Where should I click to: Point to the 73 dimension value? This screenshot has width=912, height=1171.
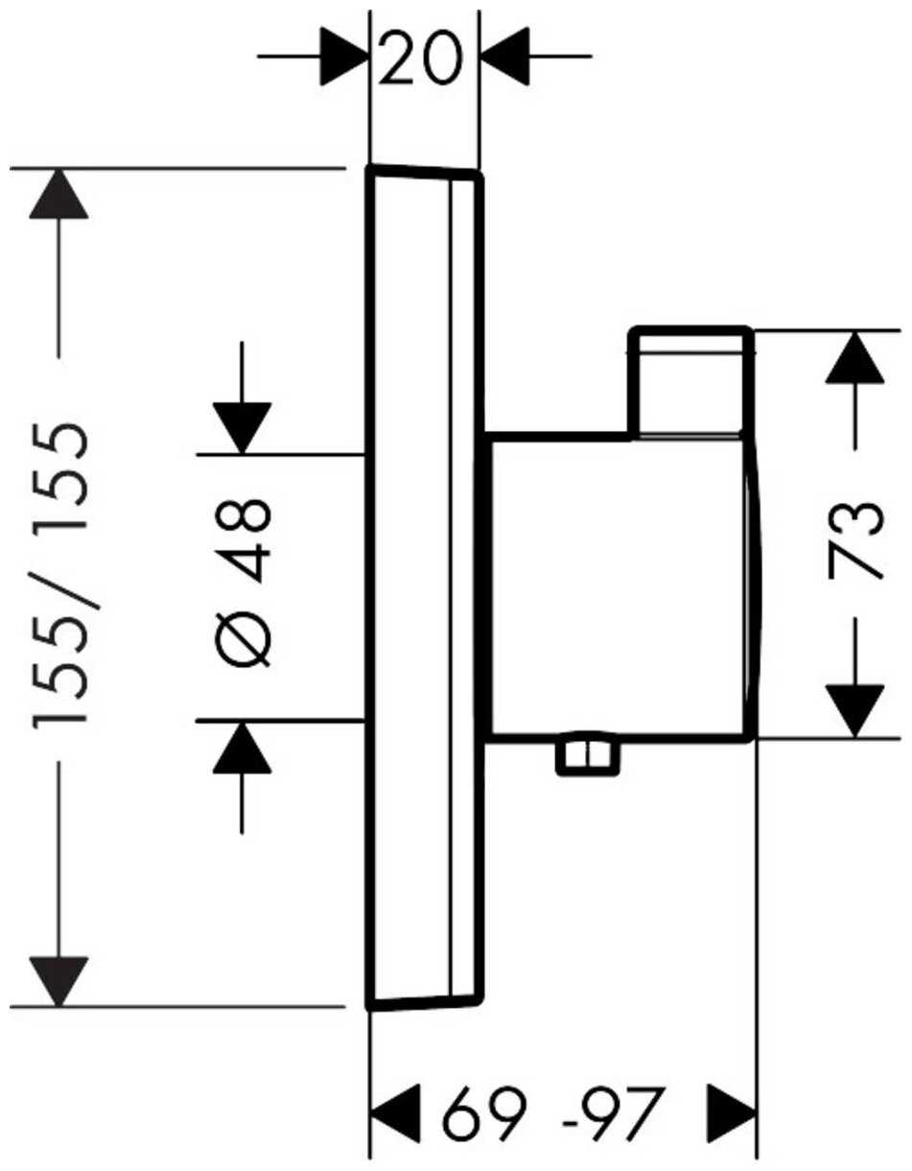click(854, 537)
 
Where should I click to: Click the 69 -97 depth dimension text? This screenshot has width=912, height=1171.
click(552, 1111)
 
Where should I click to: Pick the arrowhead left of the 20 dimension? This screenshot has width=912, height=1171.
click(345, 56)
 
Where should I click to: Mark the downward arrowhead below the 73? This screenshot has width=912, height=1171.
click(854, 711)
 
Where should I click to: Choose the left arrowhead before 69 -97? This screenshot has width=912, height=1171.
click(395, 1111)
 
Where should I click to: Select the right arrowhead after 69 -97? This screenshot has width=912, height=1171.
click(732, 1111)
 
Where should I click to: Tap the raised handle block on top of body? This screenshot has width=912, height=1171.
click(689, 382)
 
